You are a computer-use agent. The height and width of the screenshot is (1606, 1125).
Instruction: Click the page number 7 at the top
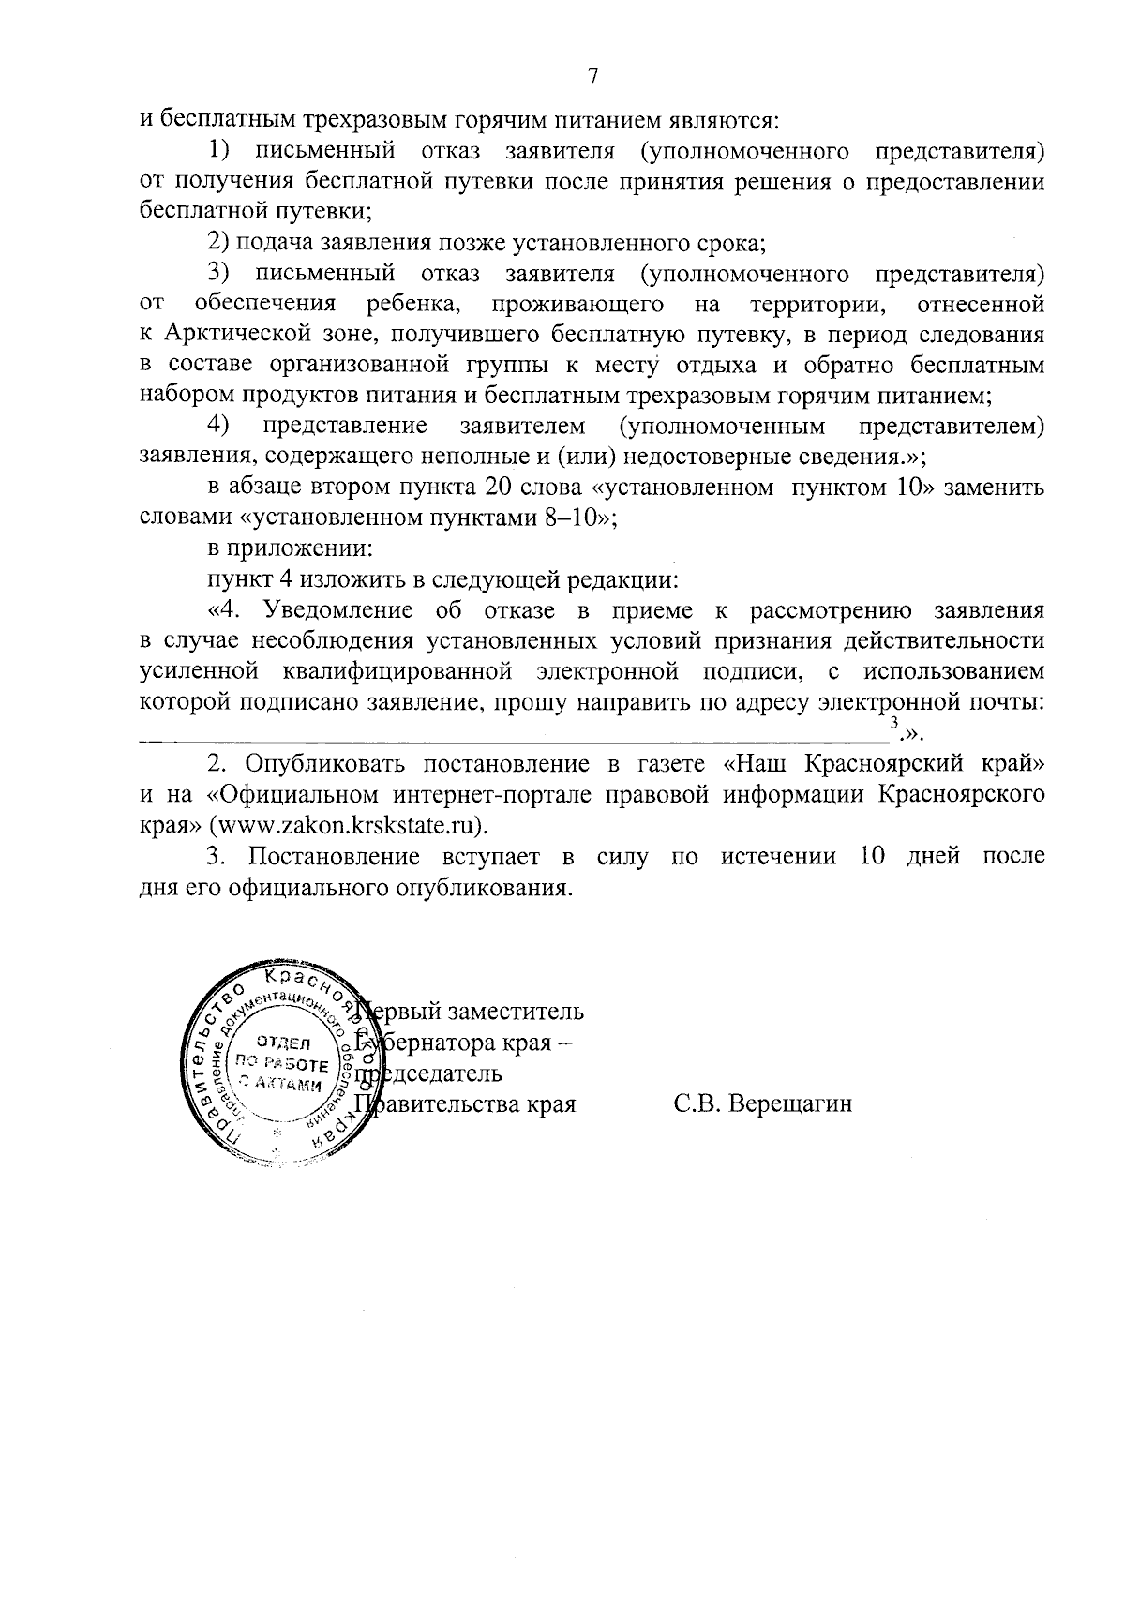point(592,76)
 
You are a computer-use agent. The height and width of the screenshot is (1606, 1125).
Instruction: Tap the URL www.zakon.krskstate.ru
point(349,825)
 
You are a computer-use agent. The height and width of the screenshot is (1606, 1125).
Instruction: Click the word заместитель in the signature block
point(517,1013)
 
